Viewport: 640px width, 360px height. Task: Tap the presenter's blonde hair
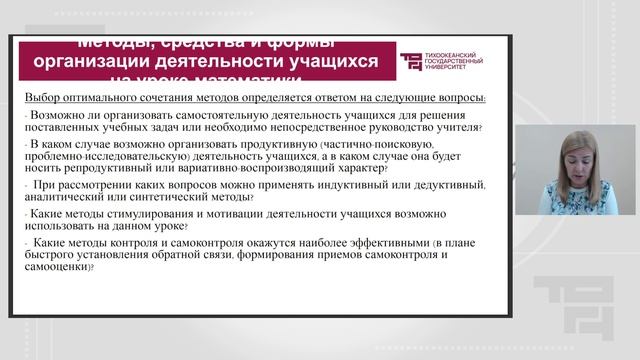tap(584, 139)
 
